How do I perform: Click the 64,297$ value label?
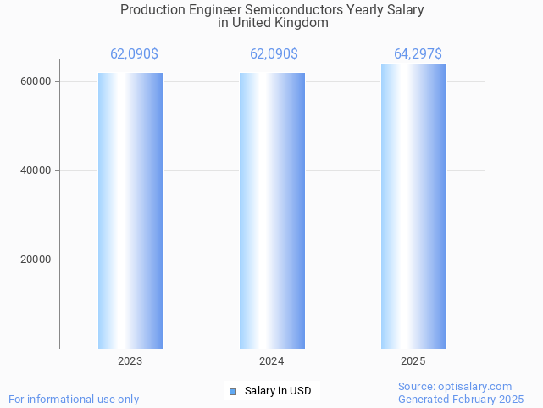point(418,54)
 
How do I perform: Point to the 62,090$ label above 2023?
point(134,54)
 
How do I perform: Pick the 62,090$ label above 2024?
point(274,54)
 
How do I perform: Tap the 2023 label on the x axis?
point(130,361)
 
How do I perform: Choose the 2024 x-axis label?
point(272,361)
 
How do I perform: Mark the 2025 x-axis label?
point(413,361)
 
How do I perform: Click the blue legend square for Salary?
point(233,391)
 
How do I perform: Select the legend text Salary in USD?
point(278,391)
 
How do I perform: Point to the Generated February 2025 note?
point(461,400)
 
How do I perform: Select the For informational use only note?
point(74,400)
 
